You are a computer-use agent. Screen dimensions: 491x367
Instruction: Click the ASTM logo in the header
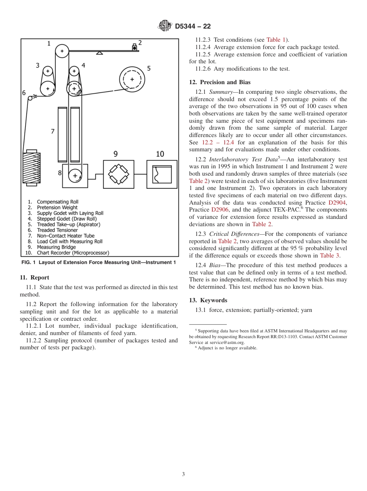tap(165, 26)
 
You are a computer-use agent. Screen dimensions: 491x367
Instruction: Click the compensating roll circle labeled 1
tap(62, 51)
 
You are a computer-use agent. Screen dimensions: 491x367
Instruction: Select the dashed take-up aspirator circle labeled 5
tap(132, 79)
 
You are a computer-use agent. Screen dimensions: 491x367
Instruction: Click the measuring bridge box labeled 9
tap(119, 174)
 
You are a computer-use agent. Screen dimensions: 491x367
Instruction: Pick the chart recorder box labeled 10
tap(162, 174)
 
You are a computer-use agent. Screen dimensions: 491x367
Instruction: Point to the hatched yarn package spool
tap(32, 168)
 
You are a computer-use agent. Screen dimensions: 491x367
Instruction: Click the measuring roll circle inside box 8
tap(75, 176)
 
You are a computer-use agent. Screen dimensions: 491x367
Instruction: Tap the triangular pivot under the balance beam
tap(99, 53)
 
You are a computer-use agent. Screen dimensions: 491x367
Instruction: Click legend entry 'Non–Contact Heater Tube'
tap(65, 236)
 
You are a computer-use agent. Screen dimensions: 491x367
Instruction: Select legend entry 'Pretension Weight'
tap(57, 208)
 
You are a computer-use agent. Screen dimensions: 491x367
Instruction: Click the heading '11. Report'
tap(34, 278)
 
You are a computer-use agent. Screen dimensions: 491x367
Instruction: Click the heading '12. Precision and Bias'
tap(219, 82)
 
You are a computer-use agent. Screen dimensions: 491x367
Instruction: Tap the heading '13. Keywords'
tap(208, 300)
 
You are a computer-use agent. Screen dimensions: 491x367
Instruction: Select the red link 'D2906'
tap(220, 210)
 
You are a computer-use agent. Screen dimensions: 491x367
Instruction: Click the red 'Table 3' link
tap(329, 256)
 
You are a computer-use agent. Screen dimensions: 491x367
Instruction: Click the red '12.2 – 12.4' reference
tap(218, 142)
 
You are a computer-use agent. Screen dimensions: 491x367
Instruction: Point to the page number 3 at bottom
tap(183, 474)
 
